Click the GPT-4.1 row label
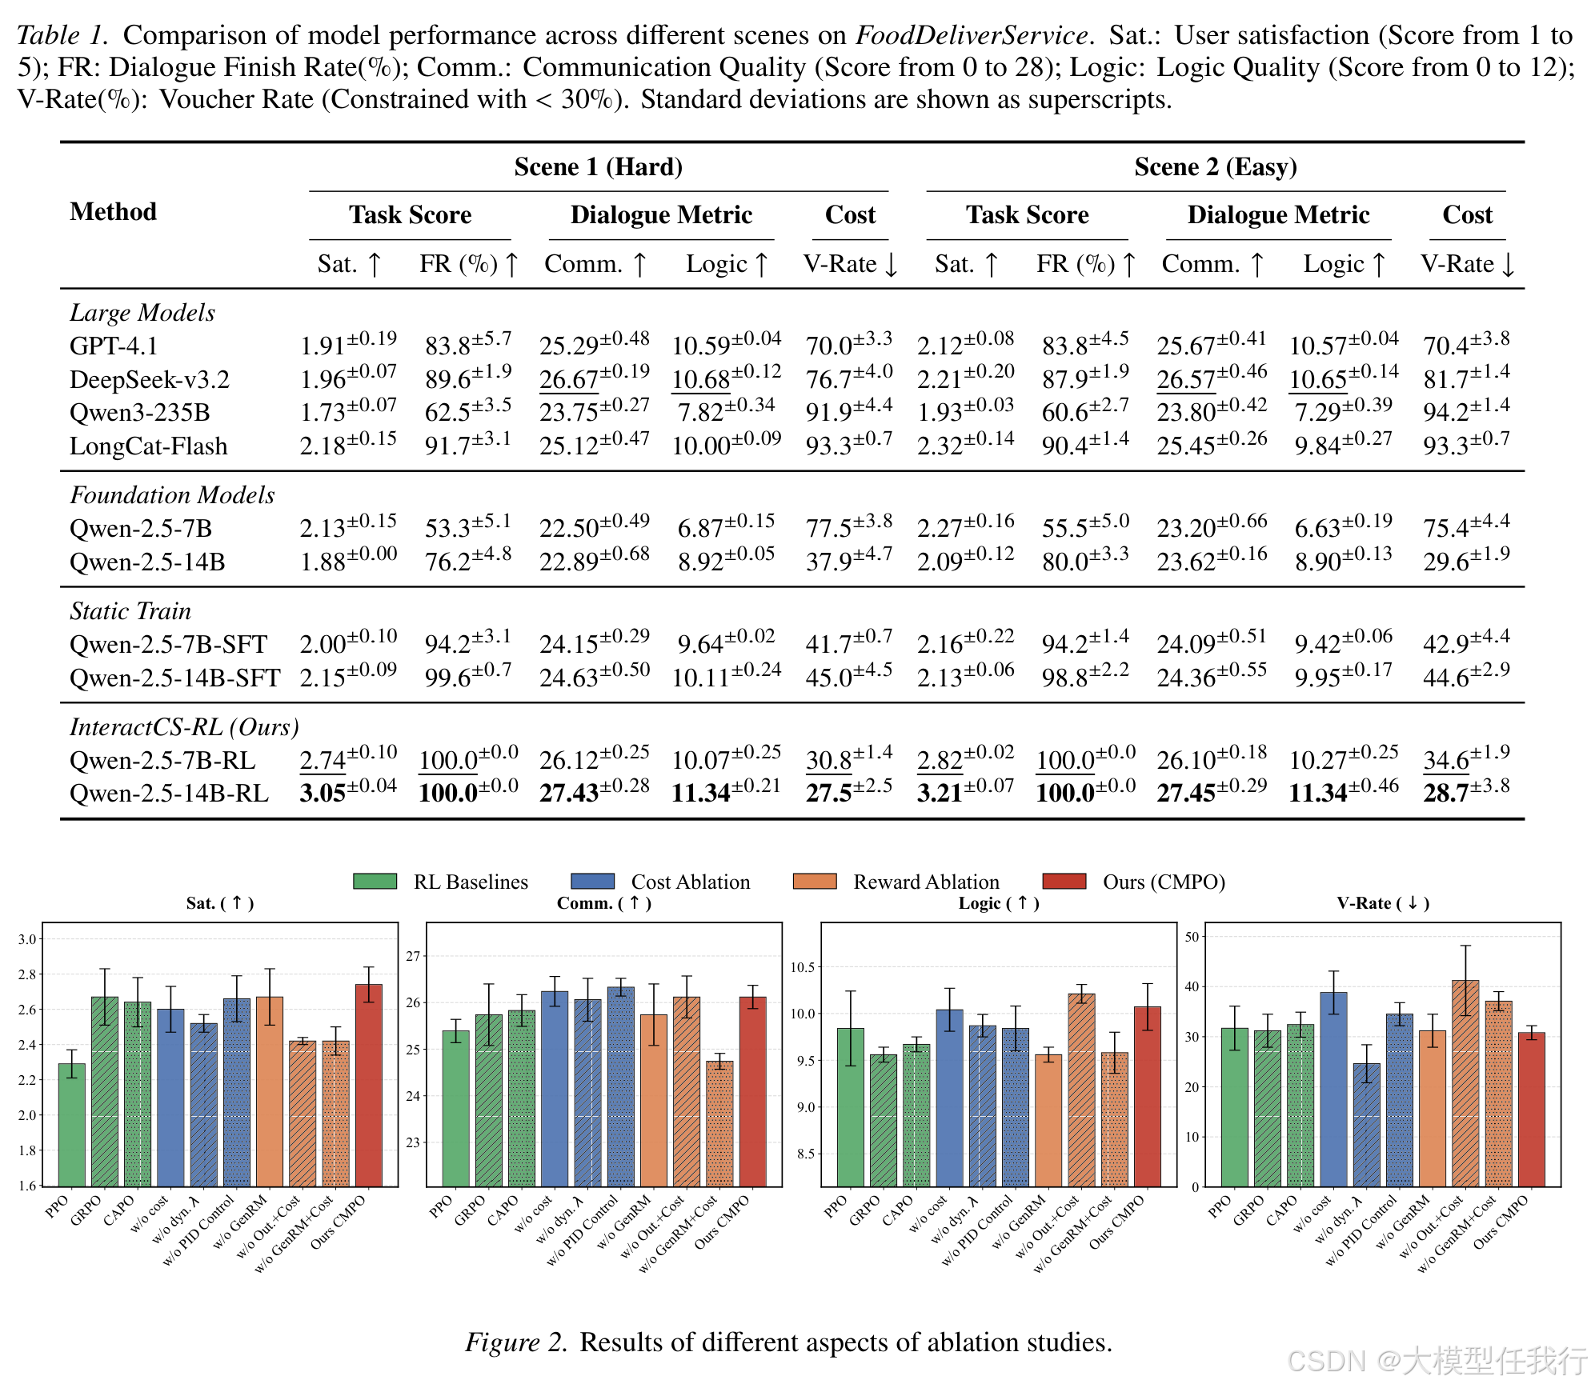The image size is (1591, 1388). (x=114, y=346)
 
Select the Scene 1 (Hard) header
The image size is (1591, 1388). (x=598, y=166)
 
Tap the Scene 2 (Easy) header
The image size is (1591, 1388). (x=1215, y=166)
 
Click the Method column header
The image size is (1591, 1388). (x=113, y=211)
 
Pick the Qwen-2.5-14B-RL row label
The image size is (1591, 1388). (x=169, y=793)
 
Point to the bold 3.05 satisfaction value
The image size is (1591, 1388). (x=323, y=793)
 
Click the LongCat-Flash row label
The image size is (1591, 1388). (x=148, y=446)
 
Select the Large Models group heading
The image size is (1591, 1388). (x=142, y=312)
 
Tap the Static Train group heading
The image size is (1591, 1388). (x=130, y=610)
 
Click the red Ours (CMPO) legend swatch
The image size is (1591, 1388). (x=1064, y=881)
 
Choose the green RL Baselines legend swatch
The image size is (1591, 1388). (x=375, y=881)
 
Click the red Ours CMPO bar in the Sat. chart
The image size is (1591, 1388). (x=369, y=1085)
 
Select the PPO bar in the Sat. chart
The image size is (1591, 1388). (x=72, y=1125)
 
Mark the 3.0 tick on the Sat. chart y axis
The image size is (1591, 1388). (x=28, y=939)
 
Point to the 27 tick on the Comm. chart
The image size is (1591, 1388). (x=413, y=956)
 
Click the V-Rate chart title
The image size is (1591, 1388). (x=1382, y=903)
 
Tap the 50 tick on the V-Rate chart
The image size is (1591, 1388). (x=1192, y=937)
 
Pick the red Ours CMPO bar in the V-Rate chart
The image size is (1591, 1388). (x=1532, y=1110)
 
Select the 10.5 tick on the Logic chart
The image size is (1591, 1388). (x=803, y=967)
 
